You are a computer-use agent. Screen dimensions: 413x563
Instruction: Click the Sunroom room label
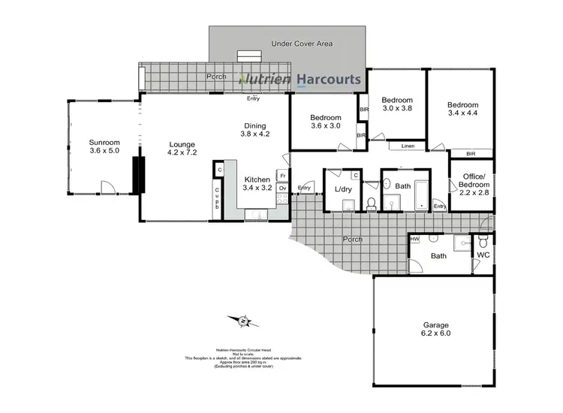(104, 143)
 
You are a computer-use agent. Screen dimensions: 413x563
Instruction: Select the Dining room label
(254, 125)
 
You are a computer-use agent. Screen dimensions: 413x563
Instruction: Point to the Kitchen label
(257, 179)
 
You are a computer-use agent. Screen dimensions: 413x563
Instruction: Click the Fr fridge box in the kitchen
(283, 176)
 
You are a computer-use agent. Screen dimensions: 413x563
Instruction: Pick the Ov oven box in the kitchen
(283, 188)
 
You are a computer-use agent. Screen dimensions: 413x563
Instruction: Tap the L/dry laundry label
(343, 189)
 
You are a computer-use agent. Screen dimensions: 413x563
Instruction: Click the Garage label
(435, 324)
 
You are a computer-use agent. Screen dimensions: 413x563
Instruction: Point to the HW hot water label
(414, 240)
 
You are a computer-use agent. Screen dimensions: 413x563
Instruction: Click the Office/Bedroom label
(473, 181)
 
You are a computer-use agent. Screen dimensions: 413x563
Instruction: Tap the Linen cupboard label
(407, 146)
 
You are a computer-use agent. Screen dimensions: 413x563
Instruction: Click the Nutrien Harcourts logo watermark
(300, 79)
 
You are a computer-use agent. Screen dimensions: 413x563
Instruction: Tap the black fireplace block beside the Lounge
(137, 174)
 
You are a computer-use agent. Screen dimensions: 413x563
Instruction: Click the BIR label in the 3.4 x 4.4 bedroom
(471, 154)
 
